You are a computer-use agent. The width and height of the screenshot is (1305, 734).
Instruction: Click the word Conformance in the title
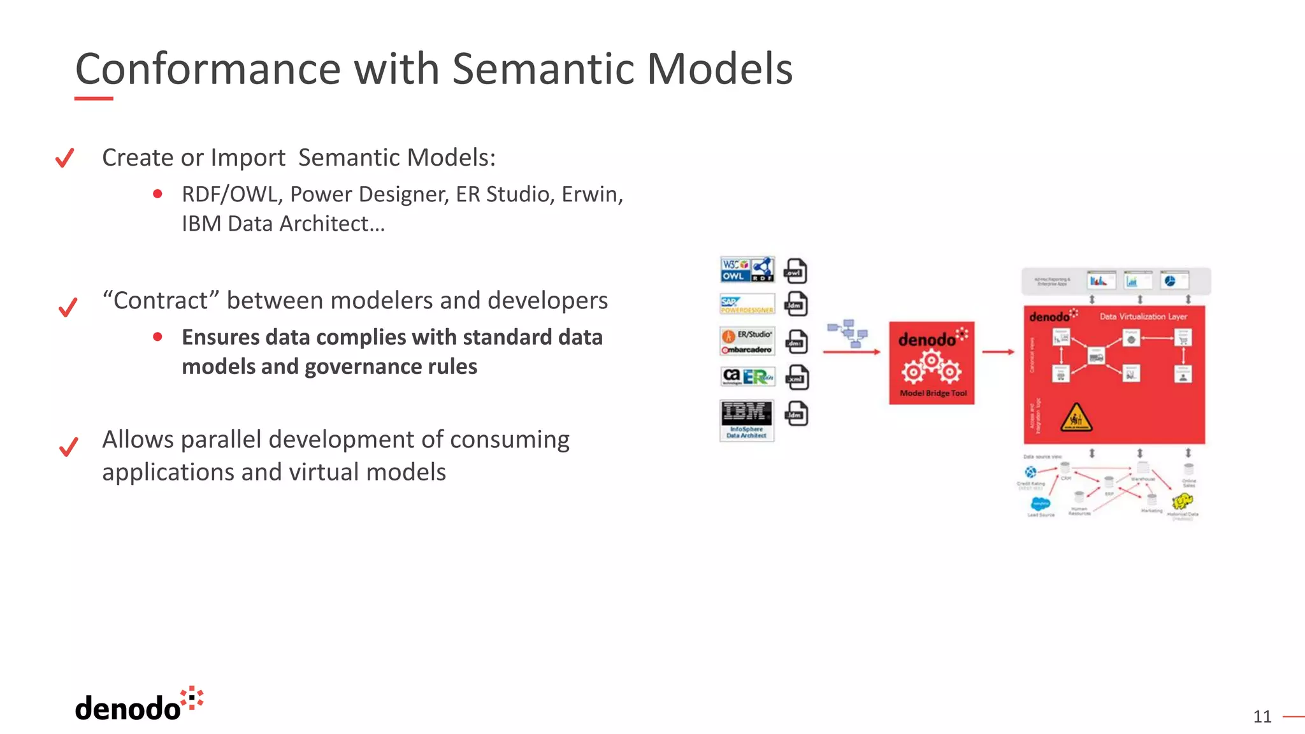pos(208,69)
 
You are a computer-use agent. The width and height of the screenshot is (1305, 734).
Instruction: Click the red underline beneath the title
pos(94,99)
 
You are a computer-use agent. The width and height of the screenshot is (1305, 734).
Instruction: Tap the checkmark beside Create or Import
pos(65,158)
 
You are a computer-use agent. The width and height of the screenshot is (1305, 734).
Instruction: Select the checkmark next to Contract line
pos(68,307)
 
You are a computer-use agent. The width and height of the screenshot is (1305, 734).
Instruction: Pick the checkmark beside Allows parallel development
pos(68,447)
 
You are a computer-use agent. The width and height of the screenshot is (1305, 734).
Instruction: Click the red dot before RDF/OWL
pos(157,194)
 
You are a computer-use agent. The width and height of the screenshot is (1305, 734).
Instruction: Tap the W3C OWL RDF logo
pos(747,270)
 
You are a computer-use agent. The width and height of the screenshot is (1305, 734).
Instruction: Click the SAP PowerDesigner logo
pos(747,305)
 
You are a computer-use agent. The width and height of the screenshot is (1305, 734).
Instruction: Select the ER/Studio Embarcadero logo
pos(747,342)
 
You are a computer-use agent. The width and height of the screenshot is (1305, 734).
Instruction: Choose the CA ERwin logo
pos(747,377)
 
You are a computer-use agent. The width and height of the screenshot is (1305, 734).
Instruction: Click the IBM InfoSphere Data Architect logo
pos(746,420)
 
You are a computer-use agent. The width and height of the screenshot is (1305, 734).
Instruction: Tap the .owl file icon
pos(795,271)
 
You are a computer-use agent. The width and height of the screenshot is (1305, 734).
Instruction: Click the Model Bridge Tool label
pos(933,393)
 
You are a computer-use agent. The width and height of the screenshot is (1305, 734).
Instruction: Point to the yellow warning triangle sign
pos(1076,418)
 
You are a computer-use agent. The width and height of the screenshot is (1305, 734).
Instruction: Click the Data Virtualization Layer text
pos(1143,317)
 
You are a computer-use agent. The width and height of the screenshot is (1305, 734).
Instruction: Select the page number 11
pos(1262,717)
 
